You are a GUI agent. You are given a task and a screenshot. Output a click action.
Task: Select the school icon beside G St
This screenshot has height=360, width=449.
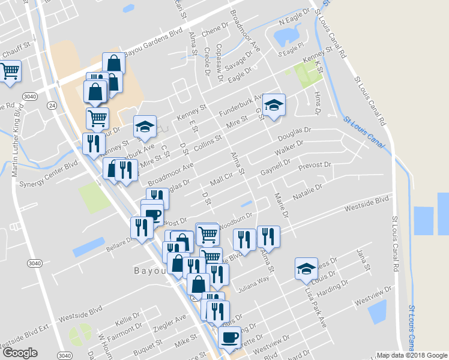(274, 106)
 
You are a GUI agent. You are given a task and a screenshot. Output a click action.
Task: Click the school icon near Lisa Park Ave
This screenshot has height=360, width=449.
(306, 268)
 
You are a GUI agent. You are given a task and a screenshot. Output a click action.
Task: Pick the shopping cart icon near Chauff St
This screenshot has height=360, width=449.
(10, 71)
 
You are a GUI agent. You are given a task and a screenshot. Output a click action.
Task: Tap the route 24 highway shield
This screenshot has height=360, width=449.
(52, 105)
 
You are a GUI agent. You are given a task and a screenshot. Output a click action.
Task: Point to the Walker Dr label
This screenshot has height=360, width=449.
(290, 148)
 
